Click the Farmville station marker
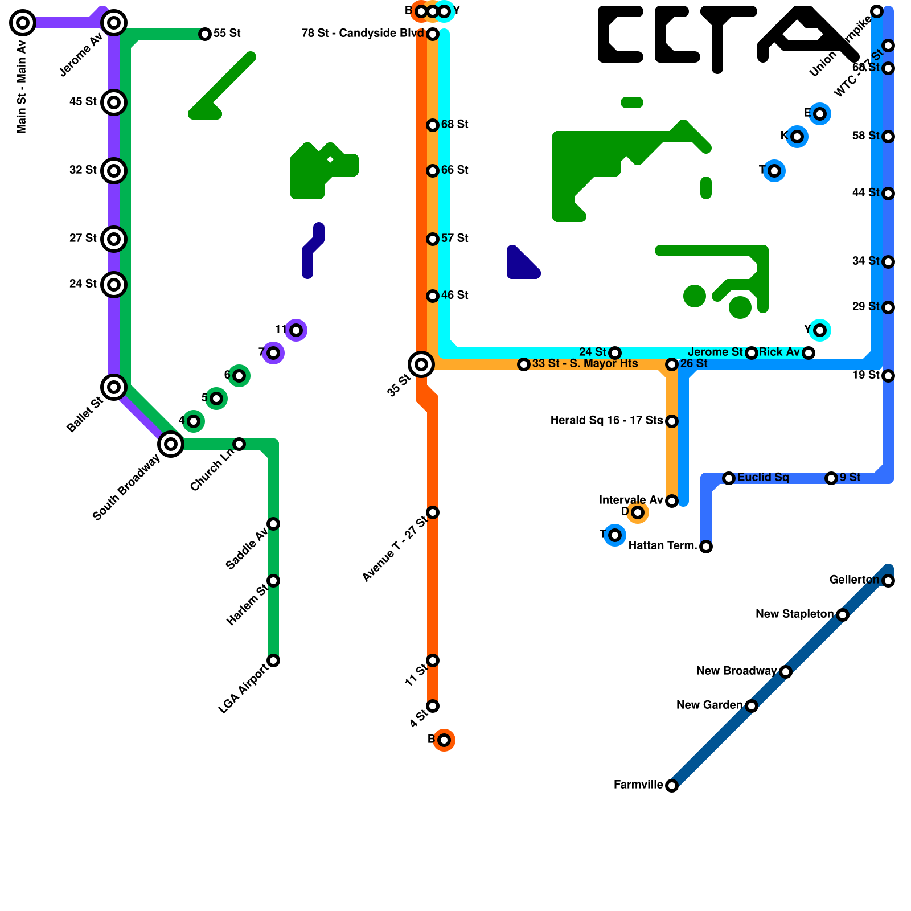672,786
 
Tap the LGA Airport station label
243,688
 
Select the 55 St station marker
205,34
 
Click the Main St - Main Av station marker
23,23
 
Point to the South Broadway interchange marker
171,444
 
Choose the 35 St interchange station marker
421,364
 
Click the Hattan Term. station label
663,546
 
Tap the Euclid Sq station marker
729,478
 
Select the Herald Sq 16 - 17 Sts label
606,421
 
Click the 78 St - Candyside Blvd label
363,34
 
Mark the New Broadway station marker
786,672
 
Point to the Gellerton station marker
888,581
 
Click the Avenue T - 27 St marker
433,512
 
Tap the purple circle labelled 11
296,330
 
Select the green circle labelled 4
194,421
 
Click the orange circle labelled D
638,512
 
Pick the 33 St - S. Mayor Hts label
585,364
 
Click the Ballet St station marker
114,387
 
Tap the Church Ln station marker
239,444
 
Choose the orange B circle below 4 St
444,740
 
